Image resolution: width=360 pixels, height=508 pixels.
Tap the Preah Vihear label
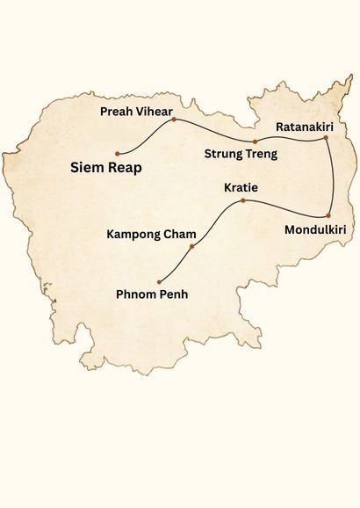[x=136, y=112]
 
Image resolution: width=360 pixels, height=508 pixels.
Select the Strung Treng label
[x=241, y=155]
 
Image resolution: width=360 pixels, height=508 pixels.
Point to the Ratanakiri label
[x=303, y=127]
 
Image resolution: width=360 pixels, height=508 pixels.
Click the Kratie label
[x=241, y=188]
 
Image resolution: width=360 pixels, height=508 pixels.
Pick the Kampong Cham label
[x=151, y=235]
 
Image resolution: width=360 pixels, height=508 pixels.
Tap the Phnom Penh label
[x=153, y=294]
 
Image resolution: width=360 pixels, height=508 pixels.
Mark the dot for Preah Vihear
[x=174, y=120]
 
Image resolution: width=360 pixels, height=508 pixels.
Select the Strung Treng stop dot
[x=255, y=141]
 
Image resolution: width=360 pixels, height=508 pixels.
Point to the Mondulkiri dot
[x=328, y=215]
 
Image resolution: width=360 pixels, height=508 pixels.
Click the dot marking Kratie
[x=242, y=201]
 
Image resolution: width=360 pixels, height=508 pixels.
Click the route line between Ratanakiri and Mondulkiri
[x=334, y=176]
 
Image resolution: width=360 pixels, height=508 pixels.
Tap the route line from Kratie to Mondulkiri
[x=285, y=209]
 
